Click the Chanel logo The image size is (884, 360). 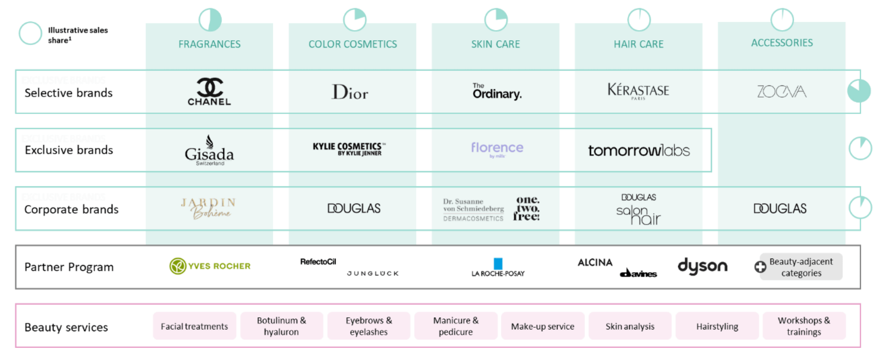click(209, 91)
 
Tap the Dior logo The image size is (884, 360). click(350, 92)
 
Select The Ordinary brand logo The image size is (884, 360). click(497, 91)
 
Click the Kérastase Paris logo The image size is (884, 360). click(638, 91)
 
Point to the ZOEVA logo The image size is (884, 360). click(781, 91)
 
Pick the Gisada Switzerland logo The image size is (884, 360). click(209, 151)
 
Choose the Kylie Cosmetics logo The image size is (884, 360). click(349, 149)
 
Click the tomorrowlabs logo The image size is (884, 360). click(638, 151)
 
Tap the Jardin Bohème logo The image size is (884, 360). click(209, 208)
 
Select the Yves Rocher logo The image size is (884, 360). click(210, 266)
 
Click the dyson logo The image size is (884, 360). click(702, 266)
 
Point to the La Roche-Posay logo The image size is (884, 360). click(498, 267)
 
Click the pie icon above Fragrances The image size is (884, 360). click(210, 20)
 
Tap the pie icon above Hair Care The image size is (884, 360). click(639, 20)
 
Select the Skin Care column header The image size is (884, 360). click(495, 44)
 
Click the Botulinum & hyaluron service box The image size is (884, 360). click(281, 326)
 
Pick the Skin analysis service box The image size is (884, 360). click(630, 326)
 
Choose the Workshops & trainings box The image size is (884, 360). click(803, 326)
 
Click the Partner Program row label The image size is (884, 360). click(69, 267)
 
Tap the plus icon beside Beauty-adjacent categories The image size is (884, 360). click(760, 266)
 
